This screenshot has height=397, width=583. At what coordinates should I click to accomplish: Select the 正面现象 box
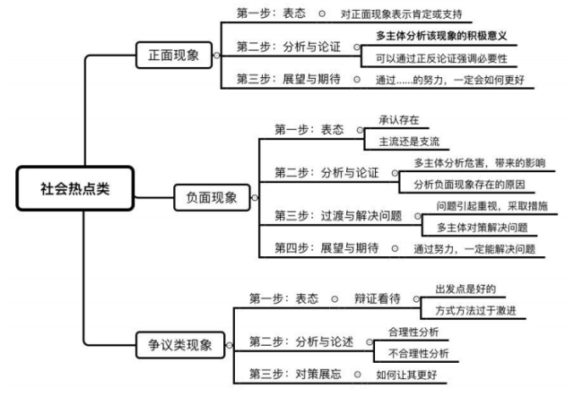pyautogui.click(x=175, y=56)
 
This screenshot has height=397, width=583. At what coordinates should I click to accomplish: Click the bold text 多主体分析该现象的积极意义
pyautogui.click(x=439, y=35)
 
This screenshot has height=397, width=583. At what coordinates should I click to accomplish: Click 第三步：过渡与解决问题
pyautogui.click(x=336, y=216)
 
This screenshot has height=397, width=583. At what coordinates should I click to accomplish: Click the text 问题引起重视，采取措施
pyautogui.click(x=491, y=206)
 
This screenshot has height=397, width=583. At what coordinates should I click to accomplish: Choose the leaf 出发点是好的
pyautogui.click(x=466, y=289)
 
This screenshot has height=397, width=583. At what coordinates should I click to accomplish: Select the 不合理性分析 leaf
pyautogui.click(x=419, y=352)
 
